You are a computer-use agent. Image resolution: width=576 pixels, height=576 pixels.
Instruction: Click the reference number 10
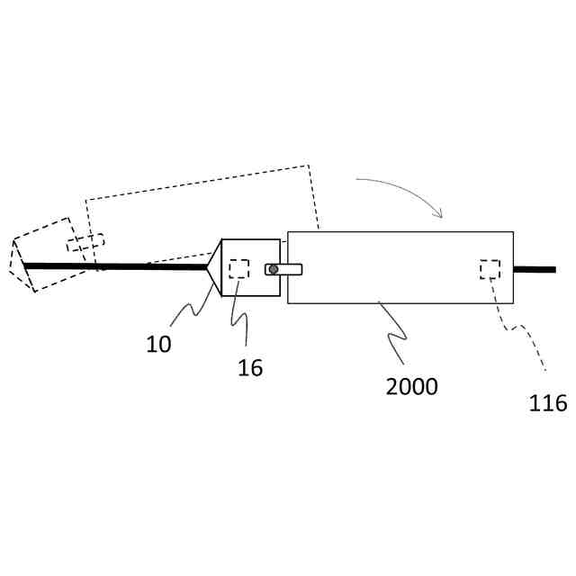point(158,344)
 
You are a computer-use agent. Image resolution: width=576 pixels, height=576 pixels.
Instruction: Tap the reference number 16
point(250,367)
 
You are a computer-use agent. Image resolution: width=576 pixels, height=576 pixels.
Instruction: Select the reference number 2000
point(411,386)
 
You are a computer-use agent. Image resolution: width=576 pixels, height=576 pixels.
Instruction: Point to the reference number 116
point(548,402)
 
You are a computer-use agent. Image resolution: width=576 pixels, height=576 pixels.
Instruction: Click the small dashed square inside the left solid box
point(238,268)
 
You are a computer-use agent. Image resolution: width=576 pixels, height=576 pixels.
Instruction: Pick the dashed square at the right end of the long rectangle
point(490,269)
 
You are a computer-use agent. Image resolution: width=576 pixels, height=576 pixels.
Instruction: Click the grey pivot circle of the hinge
point(274,269)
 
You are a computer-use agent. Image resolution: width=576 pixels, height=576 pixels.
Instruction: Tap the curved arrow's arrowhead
point(439,213)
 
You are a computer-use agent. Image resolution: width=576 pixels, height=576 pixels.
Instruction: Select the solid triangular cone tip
point(214,267)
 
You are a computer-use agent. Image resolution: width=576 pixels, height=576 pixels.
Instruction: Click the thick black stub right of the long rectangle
point(535,269)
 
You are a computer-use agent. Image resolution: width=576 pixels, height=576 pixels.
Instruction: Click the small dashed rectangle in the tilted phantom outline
point(85,243)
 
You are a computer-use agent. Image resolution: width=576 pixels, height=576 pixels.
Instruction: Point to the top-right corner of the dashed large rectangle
point(309,166)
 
